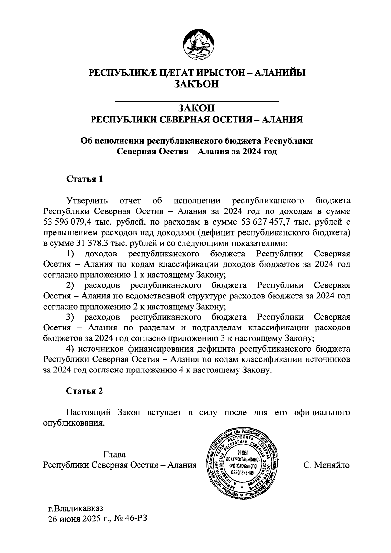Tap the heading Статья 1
[x=85, y=179]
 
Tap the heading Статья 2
[x=85, y=391]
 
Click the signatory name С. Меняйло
[x=326, y=465]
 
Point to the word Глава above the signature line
[x=114, y=455]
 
